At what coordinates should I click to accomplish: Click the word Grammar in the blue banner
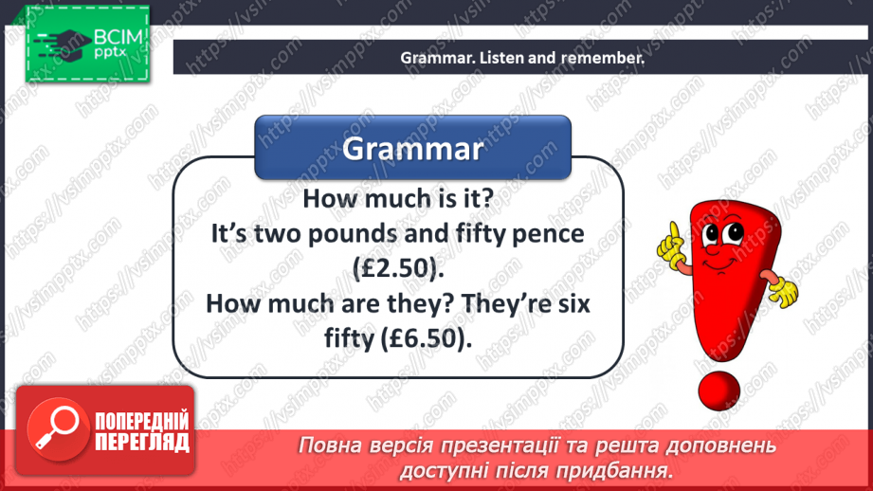point(412,149)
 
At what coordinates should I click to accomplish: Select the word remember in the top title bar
point(595,58)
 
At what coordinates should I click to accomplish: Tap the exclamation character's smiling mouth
point(730,261)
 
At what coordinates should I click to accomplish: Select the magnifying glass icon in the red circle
point(53,429)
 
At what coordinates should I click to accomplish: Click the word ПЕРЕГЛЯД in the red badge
point(141,441)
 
